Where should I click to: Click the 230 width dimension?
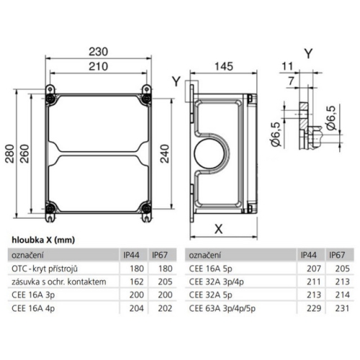(x=98, y=51)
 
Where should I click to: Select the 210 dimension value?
(x=98, y=66)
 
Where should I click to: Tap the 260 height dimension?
(x=24, y=153)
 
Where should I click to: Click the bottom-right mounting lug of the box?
(x=146, y=211)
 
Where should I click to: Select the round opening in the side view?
(x=210, y=153)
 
